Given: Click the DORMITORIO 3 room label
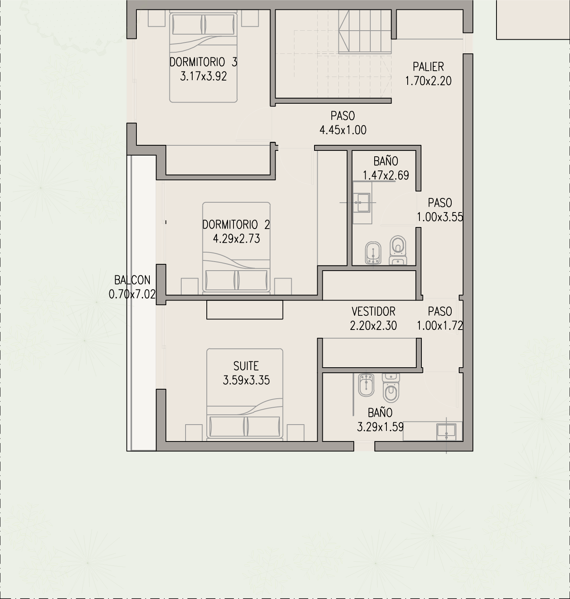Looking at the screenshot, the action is [203, 62].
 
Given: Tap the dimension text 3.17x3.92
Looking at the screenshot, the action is [203, 76].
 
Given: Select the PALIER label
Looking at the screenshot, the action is [428, 67].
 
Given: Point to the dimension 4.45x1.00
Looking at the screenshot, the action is [343, 130].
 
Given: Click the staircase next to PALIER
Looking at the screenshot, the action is [365, 31].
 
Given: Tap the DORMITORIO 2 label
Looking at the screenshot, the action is [236, 225].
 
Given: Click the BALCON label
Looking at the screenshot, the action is [132, 280].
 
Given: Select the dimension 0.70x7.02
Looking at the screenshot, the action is [132, 294].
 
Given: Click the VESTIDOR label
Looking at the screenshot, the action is [373, 311].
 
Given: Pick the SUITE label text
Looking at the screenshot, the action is [246, 366].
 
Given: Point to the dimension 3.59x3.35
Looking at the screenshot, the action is [246, 380].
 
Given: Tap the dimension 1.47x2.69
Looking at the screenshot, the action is [386, 175].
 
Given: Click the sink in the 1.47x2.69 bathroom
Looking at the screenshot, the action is [361, 202].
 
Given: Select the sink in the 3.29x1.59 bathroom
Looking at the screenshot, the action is [446, 431].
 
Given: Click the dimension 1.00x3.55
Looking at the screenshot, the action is [440, 217].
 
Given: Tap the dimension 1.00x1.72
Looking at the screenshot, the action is [440, 326].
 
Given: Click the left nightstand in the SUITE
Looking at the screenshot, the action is [194, 432].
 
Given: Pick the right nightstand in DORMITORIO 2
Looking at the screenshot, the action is [283, 286].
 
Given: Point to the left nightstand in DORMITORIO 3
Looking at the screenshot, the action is [156, 18].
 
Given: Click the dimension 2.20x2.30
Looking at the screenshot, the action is [373, 326].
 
